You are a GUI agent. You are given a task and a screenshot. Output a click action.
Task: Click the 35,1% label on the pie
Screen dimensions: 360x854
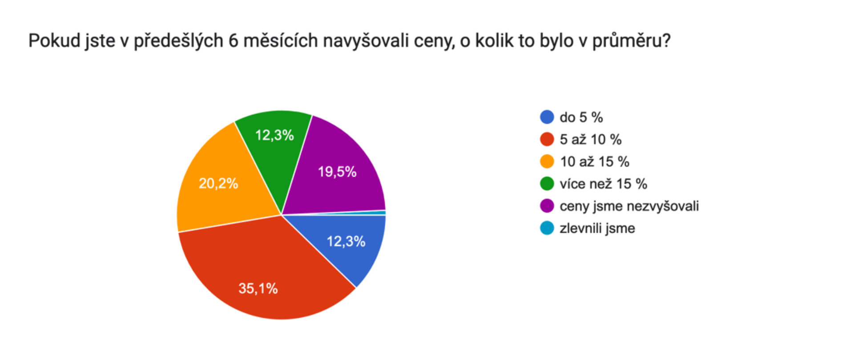258,288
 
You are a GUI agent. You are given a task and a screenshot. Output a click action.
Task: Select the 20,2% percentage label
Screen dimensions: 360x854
218,183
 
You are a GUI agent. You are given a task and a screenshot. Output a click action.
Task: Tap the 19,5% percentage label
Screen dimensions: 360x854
337,172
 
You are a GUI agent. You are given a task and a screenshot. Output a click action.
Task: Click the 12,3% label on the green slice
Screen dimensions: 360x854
274,135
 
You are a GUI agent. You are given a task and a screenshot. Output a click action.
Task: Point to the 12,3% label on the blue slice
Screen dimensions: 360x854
346,242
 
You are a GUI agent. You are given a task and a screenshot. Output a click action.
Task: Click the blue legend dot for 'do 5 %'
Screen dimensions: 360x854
547,117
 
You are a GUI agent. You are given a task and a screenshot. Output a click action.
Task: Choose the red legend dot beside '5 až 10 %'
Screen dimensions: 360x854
547,140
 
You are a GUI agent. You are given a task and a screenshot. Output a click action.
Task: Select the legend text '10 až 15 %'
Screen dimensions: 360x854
594,162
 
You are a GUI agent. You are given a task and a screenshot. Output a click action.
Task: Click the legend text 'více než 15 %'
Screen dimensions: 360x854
603,184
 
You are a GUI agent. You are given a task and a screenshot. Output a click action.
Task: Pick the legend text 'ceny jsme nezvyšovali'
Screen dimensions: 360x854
629,206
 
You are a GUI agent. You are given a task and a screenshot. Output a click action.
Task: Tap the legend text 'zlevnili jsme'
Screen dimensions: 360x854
597,229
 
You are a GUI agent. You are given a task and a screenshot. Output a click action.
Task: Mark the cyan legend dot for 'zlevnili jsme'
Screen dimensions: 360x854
547,228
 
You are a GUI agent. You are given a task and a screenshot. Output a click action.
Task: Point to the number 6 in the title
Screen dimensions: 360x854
233,41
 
